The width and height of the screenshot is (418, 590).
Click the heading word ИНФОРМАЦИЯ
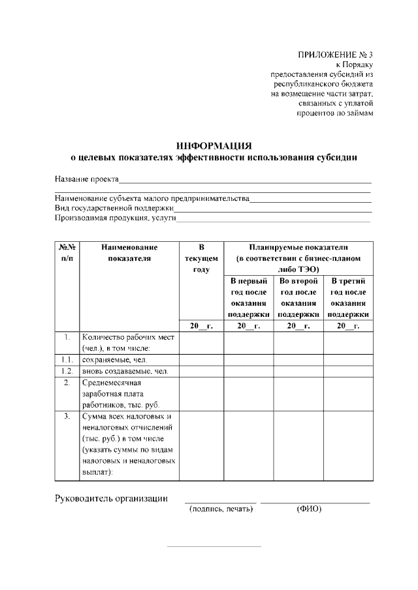click(214, 145)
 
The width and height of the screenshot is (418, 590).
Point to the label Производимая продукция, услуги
click(116, 218)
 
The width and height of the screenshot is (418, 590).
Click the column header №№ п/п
click(67, 252)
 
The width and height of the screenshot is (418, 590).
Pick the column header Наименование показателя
click(129, 252)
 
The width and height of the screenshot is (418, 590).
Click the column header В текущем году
click(201, 258)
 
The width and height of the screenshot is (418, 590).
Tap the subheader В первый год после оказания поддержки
click(249, 297)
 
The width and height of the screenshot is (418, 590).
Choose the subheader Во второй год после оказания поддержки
click(298, 297)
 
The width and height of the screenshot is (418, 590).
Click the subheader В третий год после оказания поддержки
click(348, 297)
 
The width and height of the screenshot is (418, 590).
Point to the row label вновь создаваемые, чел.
click(124, 371)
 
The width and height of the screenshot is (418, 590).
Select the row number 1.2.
click(67, 371)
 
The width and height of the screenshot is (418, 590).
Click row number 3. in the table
click(67, 416)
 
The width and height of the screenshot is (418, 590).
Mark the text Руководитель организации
click(110, 499)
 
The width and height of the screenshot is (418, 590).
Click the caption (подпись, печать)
click(221, 509)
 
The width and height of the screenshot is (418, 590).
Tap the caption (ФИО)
click(309, 509)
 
